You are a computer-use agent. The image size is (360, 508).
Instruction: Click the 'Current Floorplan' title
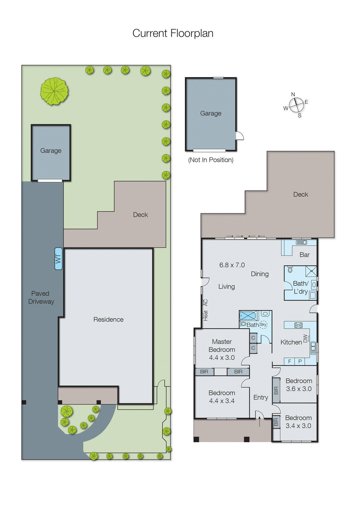(x=173, y=33)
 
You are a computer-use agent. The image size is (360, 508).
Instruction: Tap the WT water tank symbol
(x=58, y=259)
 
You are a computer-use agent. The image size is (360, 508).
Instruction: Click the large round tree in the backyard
(x=54, y=91)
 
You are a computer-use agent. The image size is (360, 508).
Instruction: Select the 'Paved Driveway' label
(x=41, y=297)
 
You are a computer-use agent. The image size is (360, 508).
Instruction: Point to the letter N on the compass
(x=293, y=94)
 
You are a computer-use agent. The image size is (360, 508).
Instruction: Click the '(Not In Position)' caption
(x=211, y=160)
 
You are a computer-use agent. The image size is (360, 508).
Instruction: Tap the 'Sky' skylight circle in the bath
(x=263, y=324)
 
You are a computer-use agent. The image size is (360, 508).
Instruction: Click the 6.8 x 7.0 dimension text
(x=232, y=265)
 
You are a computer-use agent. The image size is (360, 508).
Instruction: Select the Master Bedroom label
(x=222, y=345)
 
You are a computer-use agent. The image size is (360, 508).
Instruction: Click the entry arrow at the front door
(x=260, y=421)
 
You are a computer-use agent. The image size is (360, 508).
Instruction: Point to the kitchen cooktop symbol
(x=298, y=325)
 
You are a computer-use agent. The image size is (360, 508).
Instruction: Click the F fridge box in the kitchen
(x=289, y=361)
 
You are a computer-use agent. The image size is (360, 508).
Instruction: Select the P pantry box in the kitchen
(x=300, y=361)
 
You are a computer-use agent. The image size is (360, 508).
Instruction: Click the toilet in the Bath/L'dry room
(x=290, y=270)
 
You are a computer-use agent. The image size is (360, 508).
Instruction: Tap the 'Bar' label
(x=304, y=255)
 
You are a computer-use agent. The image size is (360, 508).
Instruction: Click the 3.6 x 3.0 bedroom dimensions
(x=299, y=389)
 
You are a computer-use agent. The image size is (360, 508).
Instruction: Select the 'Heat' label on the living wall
(x=206, y=315)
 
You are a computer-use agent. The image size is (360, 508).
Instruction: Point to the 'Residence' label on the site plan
(x=108, y=319)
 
